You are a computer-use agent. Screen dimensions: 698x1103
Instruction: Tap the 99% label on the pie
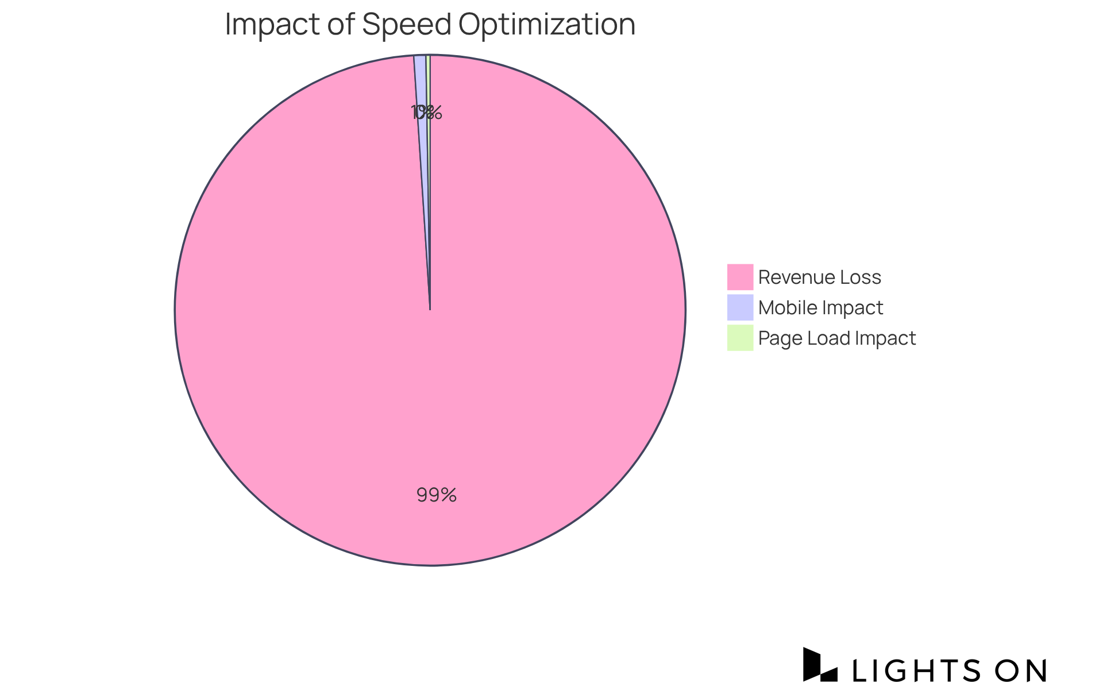tap(437, 495)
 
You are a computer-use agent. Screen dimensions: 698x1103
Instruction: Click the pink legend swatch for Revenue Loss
tap(740, 277)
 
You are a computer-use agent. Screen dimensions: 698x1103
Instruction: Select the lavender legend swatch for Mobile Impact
tap(740, 307)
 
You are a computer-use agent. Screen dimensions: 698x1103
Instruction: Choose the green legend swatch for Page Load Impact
tap(740, 338)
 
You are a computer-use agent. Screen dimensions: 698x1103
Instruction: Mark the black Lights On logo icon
tap(820, 665)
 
